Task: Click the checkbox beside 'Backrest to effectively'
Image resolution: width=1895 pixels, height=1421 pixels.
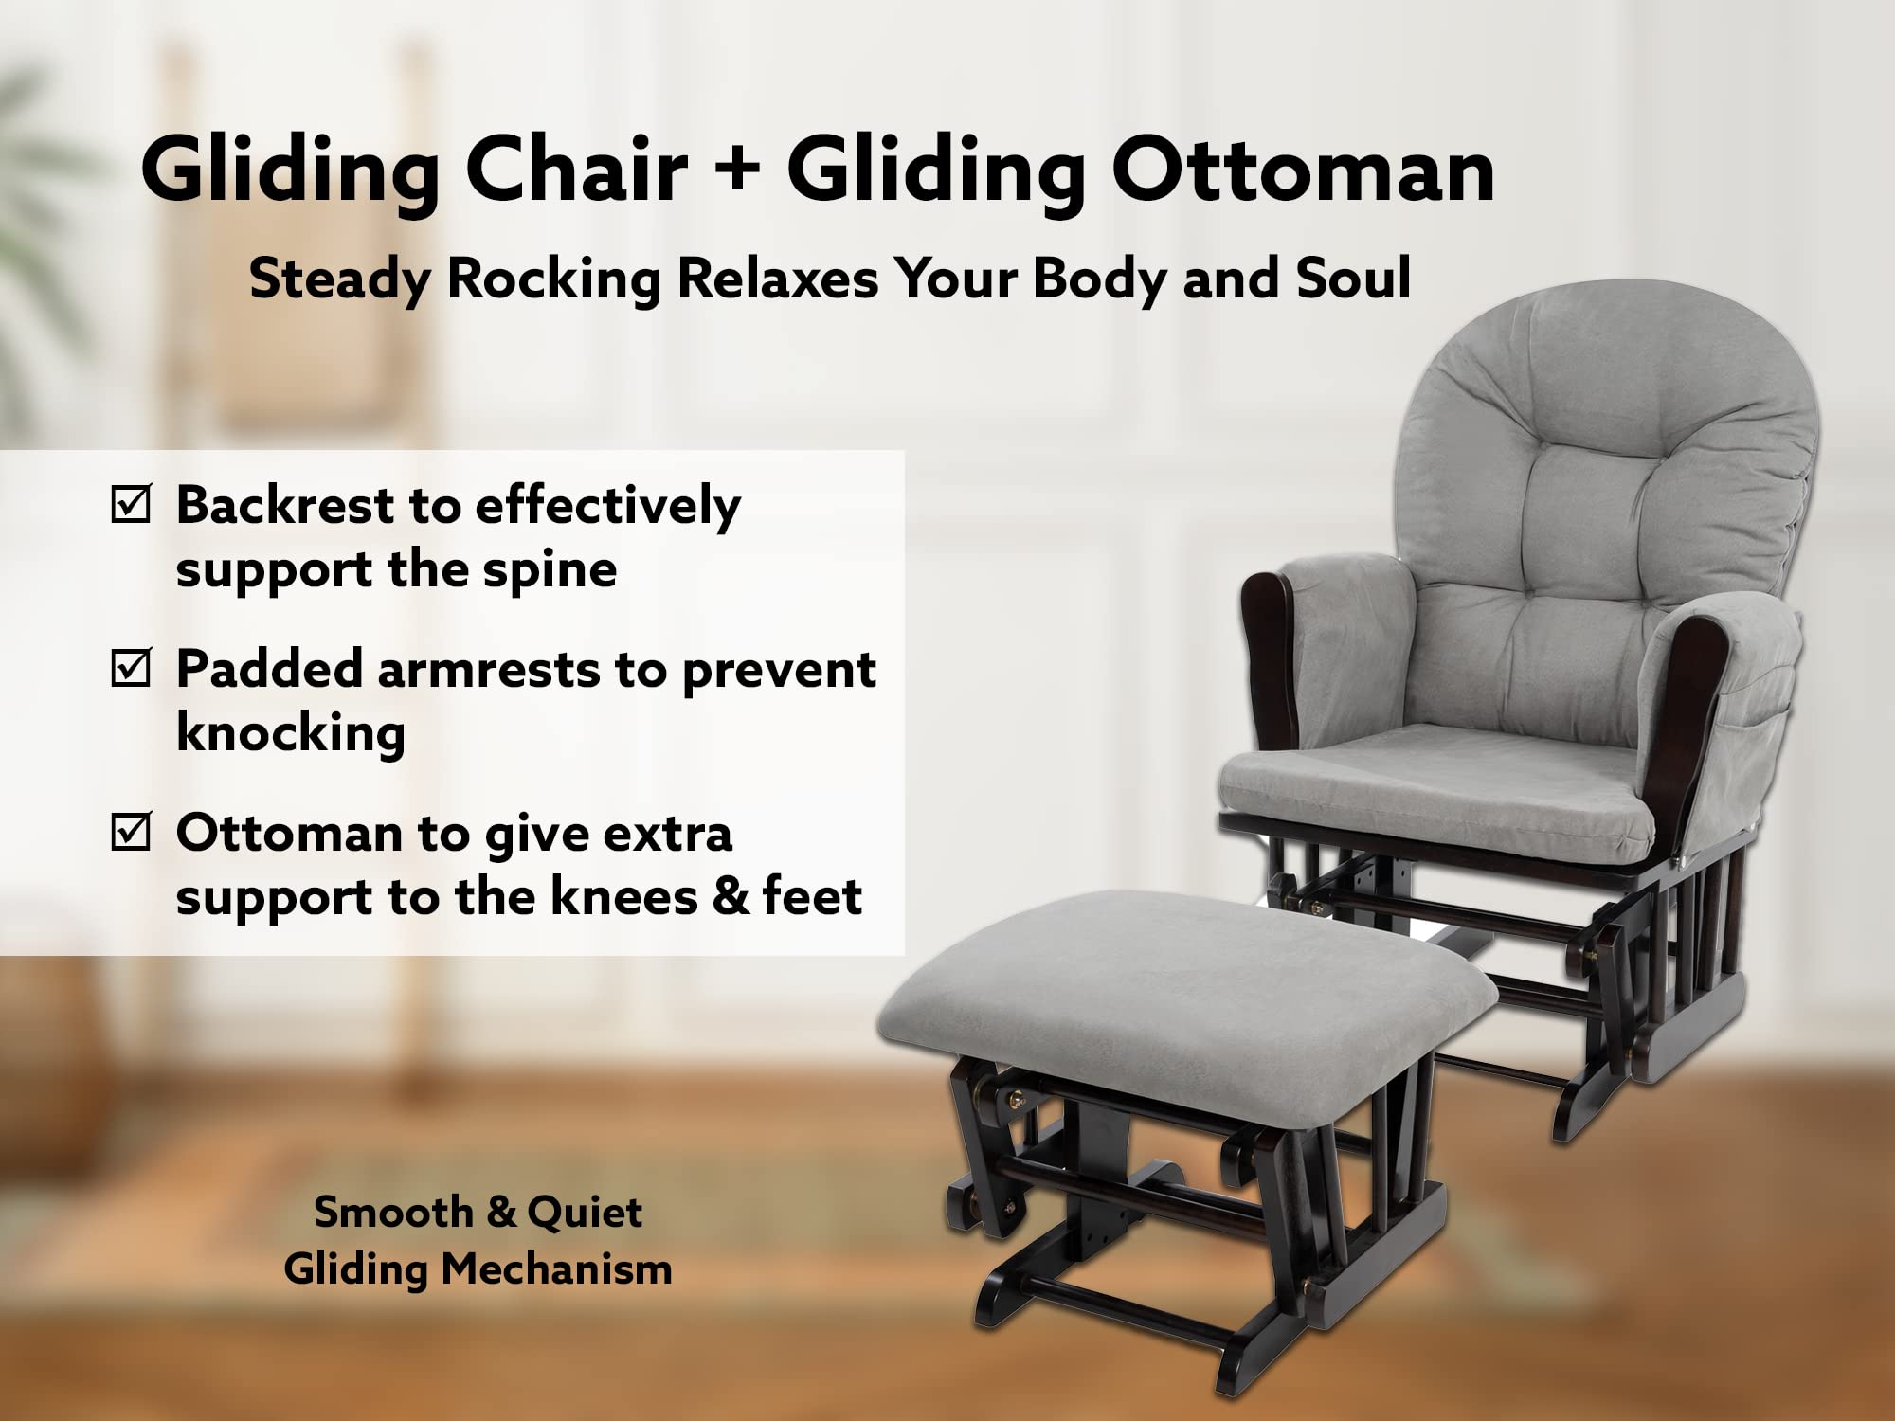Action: pyautogui.click(x=131, y=504)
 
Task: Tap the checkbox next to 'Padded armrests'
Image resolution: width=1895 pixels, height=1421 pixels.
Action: pyautogui.click(x=131, y=668)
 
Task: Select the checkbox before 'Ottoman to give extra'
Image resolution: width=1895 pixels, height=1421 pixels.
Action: pyautogui.click(x=131, y=832)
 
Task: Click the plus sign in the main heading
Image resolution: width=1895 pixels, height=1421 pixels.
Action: pyautogui.click(x=737, y=169)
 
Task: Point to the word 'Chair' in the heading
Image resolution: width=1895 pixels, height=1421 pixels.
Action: pyautogui.click(x=576, y=171)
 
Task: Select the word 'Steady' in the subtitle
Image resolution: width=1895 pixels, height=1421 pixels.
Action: pyautogui.click(x=339, y=280)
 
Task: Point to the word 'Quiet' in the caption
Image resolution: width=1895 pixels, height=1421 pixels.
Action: pyautogui.click(x=585, y=1213)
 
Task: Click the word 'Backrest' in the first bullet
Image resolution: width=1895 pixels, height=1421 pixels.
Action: pyautogui.click(x=285, y=504)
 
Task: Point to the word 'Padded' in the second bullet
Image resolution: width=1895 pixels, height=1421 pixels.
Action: pyautogui.click(x=269, y=669)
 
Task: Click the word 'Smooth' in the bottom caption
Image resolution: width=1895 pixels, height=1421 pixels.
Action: pyautogui.click(x=393, y=1213)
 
